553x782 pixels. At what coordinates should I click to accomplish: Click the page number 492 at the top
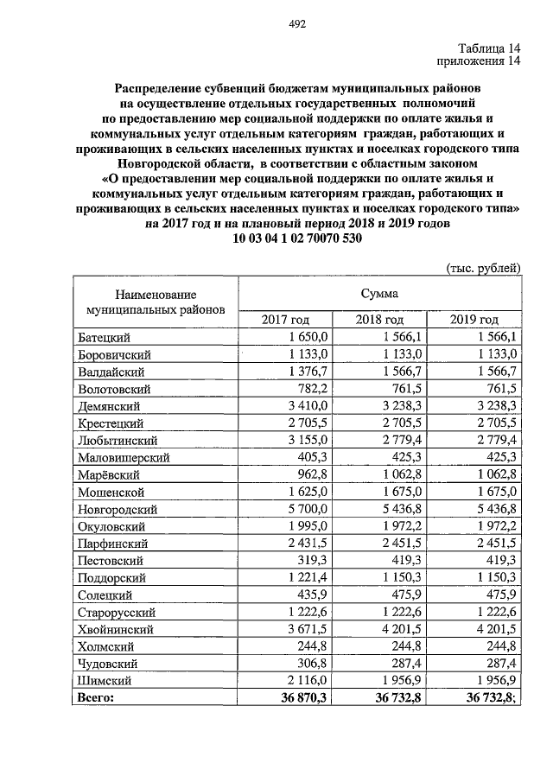[297, 24]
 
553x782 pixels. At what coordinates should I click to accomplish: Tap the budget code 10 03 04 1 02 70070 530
[297, 238]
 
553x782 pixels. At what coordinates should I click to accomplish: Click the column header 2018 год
[380, 320]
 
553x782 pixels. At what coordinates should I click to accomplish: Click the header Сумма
[380, 293]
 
